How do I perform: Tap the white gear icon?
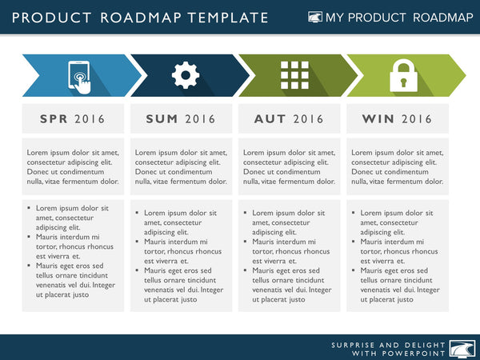pyautogui.click(x=186, y=75)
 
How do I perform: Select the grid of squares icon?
pyautogui.click(x=294, y=75)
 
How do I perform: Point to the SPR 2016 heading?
pyautogui.click(x=73, y=119)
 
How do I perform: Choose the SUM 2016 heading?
pyautogui.click(x=181, y=119)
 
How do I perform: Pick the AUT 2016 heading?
pyautogui.click(x=289, y=119)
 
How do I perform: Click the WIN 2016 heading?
pyautogui.click(x=397, y=119)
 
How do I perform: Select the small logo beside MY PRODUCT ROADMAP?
pyautogui.click(x=316, y=18)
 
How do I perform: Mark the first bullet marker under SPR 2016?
pyautogui.click(x=30, y=208)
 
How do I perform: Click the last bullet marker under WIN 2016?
pyautogui.click(x=354, y=270)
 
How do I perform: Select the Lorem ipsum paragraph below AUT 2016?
pyautogui.click(x=289, y=166)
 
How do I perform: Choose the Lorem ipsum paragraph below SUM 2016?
pyautogui.click(x=181, y=166)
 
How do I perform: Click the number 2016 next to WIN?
pyautogui.click(x=417, y=119)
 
